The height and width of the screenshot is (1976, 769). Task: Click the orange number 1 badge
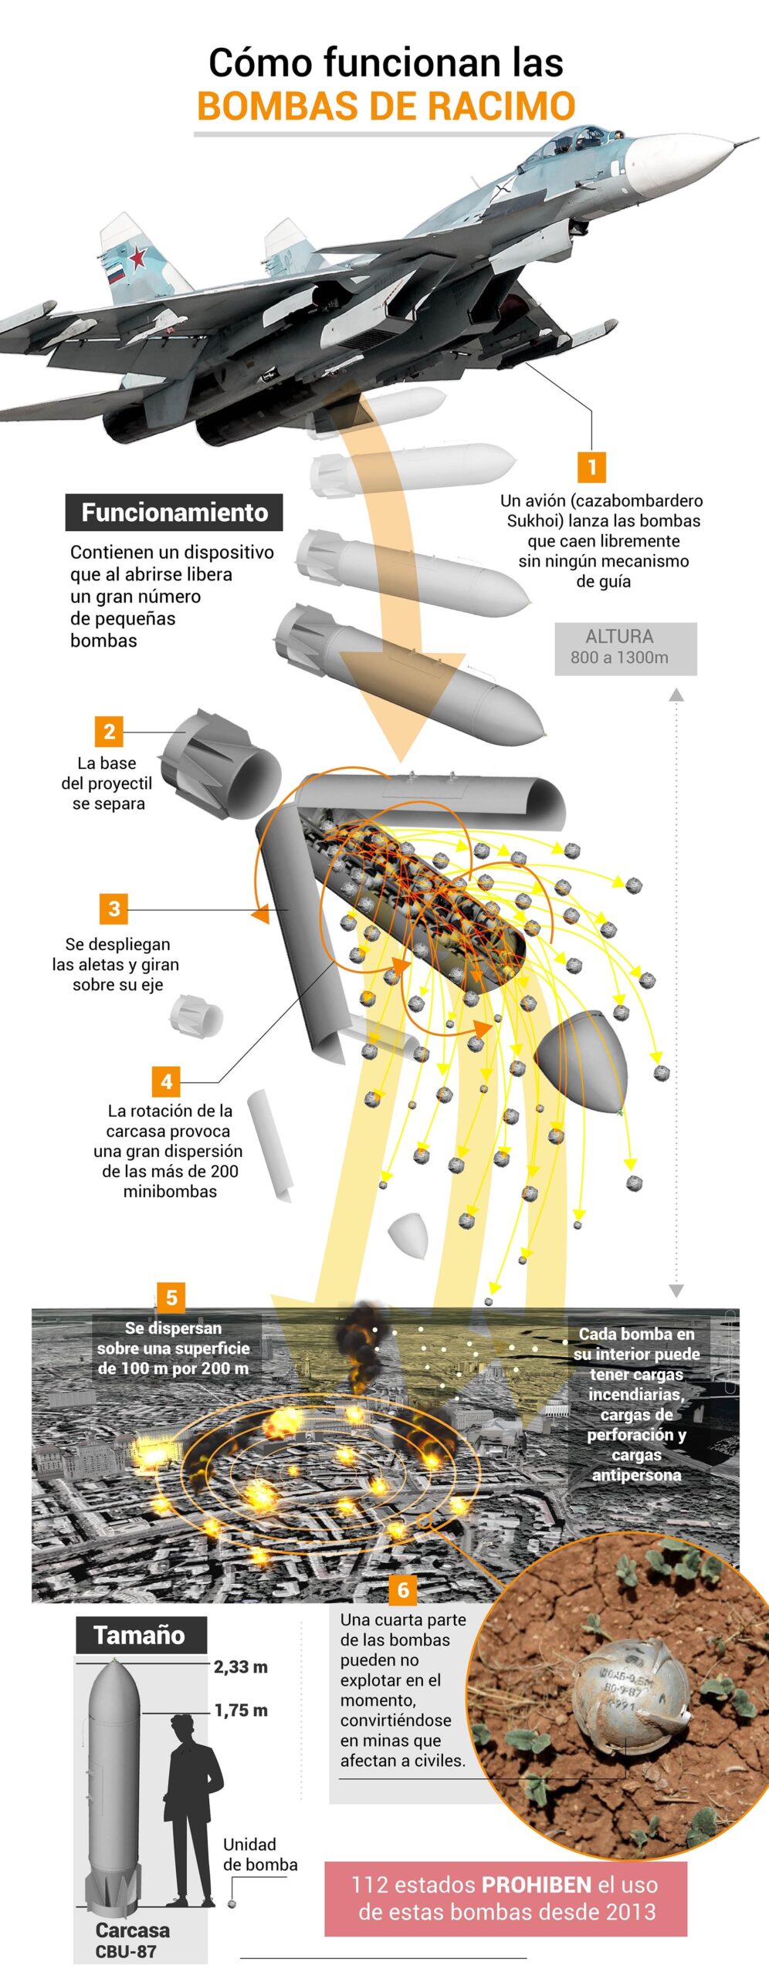591,467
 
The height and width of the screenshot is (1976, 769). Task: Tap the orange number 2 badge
109,732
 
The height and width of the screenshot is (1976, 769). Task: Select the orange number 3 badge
113,908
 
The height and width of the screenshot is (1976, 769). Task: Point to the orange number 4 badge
166,1081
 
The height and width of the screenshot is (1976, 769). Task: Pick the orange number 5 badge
171,1298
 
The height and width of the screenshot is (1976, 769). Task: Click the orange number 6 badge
403,1589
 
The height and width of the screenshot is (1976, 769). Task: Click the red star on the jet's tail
137,255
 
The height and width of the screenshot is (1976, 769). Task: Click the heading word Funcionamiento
174,513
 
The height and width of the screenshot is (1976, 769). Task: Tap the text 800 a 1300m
619,658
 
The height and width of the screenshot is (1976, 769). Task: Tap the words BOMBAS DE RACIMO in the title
386,107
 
